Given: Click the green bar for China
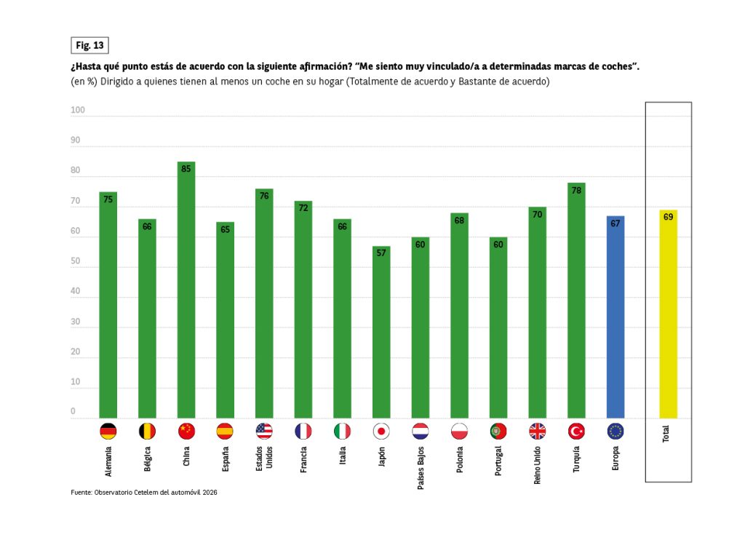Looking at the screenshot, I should (x=186, y=291).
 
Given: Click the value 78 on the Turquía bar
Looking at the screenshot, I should (x=576, y=190).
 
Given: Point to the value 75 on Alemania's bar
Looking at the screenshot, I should (x=108, y=199).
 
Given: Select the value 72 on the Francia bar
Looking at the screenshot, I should (x=303, y=208).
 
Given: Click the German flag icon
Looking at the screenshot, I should (x=108, y=431).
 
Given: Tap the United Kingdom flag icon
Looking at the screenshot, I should (x=537, y=431).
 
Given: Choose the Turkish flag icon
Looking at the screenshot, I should (x=576, y=431).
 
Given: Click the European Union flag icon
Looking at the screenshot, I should (x=615, y=431).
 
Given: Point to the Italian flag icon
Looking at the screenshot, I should (x=342, y=431).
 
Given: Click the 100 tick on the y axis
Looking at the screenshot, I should (x=78, y=111).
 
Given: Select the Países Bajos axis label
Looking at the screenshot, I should (x=421, y=466).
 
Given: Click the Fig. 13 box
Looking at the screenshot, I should (x=89, y=45).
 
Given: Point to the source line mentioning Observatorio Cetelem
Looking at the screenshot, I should (x=144, y=493).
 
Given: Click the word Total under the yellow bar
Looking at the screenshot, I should (x=666, y=434).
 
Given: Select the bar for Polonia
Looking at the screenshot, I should (x=459, y=316).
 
